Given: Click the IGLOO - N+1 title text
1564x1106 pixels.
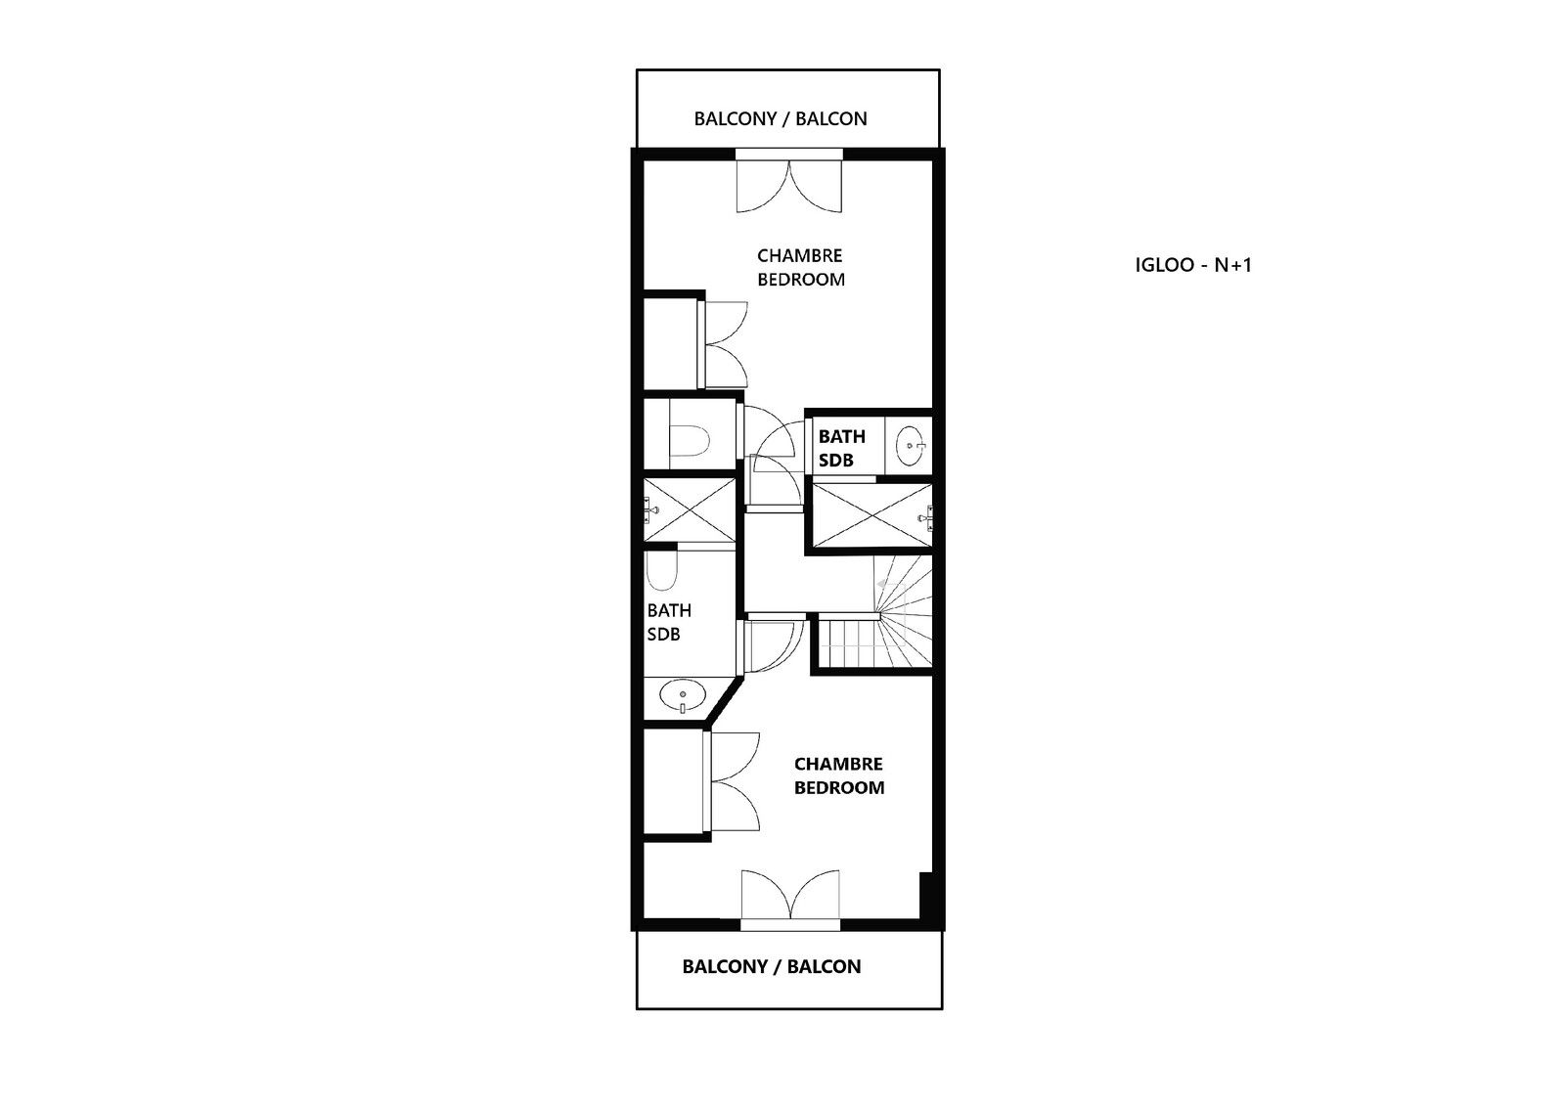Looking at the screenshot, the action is [1193, 265].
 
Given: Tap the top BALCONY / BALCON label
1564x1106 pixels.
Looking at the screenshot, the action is [781, 118].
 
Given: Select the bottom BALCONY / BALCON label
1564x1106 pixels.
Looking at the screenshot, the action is [772, 966].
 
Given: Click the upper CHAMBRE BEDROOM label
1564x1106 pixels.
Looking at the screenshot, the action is [801, 267].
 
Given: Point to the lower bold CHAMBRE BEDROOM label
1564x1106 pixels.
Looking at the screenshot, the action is [839, 775].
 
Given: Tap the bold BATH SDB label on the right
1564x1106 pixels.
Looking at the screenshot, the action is [841, 448].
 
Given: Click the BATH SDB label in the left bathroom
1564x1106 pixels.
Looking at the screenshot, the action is [669, 622].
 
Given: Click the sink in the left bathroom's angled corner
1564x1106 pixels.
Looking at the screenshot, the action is [682, 696].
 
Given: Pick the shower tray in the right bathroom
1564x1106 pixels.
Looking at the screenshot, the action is [872, 515].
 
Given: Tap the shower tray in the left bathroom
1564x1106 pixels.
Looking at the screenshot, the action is [690, 509].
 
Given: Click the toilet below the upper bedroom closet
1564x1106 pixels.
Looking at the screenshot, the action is [690, 441].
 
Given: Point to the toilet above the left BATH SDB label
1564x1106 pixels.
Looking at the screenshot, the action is [661, 572].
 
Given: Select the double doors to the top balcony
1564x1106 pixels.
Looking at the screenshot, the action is [789, 186].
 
